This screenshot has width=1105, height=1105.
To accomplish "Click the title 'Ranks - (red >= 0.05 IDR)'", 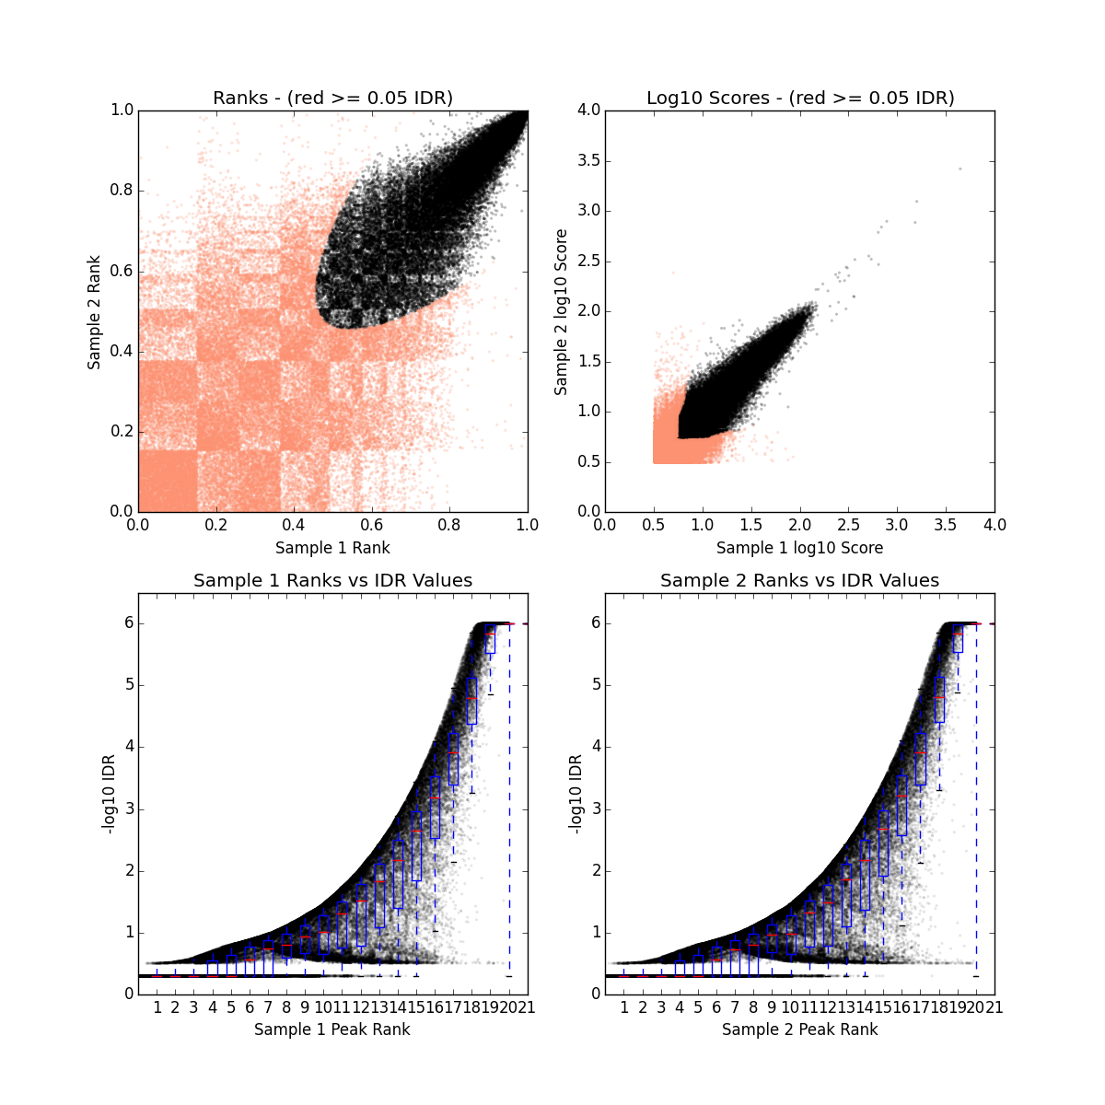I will [x=332, y=98].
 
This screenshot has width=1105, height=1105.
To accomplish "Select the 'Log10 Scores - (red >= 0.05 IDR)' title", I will [x=799, y=98].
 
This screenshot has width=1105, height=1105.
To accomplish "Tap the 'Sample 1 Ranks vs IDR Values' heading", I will [x=332, y=581].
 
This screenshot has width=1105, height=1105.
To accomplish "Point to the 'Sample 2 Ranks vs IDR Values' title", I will [x=799, y=581].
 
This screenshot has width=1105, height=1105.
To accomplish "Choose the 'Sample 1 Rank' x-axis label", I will [x=332, y=548].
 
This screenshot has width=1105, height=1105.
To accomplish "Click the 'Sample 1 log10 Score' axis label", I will [x=799, y=548].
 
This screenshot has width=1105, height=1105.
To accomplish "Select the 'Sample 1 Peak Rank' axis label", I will [x=332, y=1029].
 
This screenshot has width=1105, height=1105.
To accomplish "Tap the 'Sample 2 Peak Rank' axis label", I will [x=799, y=1029].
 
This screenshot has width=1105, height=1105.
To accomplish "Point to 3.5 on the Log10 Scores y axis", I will [x=588, y=160].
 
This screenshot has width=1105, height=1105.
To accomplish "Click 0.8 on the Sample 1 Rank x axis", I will [x=449, y=525].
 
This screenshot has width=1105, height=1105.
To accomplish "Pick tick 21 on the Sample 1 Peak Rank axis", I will [x=527, y=1007].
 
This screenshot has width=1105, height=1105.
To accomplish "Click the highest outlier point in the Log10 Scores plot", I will [x=960, y=169].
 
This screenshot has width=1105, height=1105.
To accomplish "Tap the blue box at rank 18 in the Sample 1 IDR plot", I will [x=471, y=701].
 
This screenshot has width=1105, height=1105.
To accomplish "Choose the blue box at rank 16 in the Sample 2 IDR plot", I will [x=901, y=805].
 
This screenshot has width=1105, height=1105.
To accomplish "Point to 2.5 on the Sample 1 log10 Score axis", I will [x=848, y=525].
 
